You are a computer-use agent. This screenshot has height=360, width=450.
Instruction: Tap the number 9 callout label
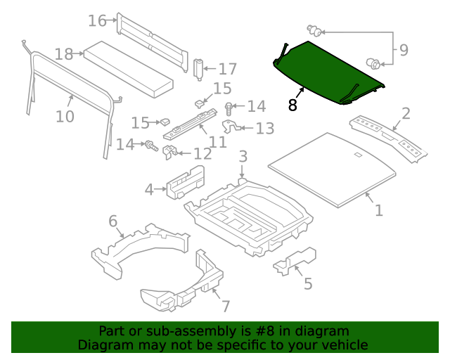[x=403, y=50]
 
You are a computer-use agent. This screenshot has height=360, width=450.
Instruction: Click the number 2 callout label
[x=406, y=115]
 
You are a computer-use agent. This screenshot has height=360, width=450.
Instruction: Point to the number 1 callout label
[x=378, y=210]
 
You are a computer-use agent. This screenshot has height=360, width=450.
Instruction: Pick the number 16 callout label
[x=97, y=20]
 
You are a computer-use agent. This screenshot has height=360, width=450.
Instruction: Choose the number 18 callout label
[x=64, y=54]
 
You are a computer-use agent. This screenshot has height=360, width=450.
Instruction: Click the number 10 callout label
[x=65, y=116]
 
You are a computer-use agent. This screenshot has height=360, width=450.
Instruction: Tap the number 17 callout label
[x=227, y=69]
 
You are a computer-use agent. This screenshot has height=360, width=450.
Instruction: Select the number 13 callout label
[x=264, y=128]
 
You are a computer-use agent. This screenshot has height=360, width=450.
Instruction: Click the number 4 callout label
[x=149, y=188]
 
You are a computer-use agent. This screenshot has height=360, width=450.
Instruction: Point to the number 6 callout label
[x=112, y=222]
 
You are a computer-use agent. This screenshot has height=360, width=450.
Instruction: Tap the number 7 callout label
[x=225, y=307]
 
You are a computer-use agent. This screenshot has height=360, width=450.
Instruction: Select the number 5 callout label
[x=307, y=283]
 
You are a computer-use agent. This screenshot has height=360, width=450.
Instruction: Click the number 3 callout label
[x=243, y=156]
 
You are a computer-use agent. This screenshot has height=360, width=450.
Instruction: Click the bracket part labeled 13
[x=233, y=127]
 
